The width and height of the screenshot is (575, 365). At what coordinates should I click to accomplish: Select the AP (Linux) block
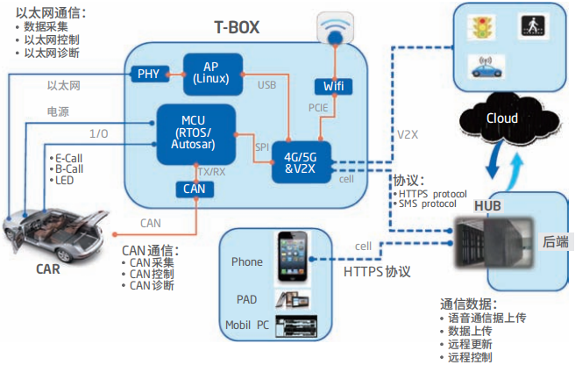coord(211,73)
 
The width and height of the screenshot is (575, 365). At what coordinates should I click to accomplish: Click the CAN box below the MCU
coord(194,188)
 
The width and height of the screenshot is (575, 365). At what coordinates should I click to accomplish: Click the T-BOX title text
coord(243,27)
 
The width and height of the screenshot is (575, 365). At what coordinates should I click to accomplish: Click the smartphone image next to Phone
coord(291,257)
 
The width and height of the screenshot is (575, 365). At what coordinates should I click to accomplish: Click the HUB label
coord(487,204)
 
